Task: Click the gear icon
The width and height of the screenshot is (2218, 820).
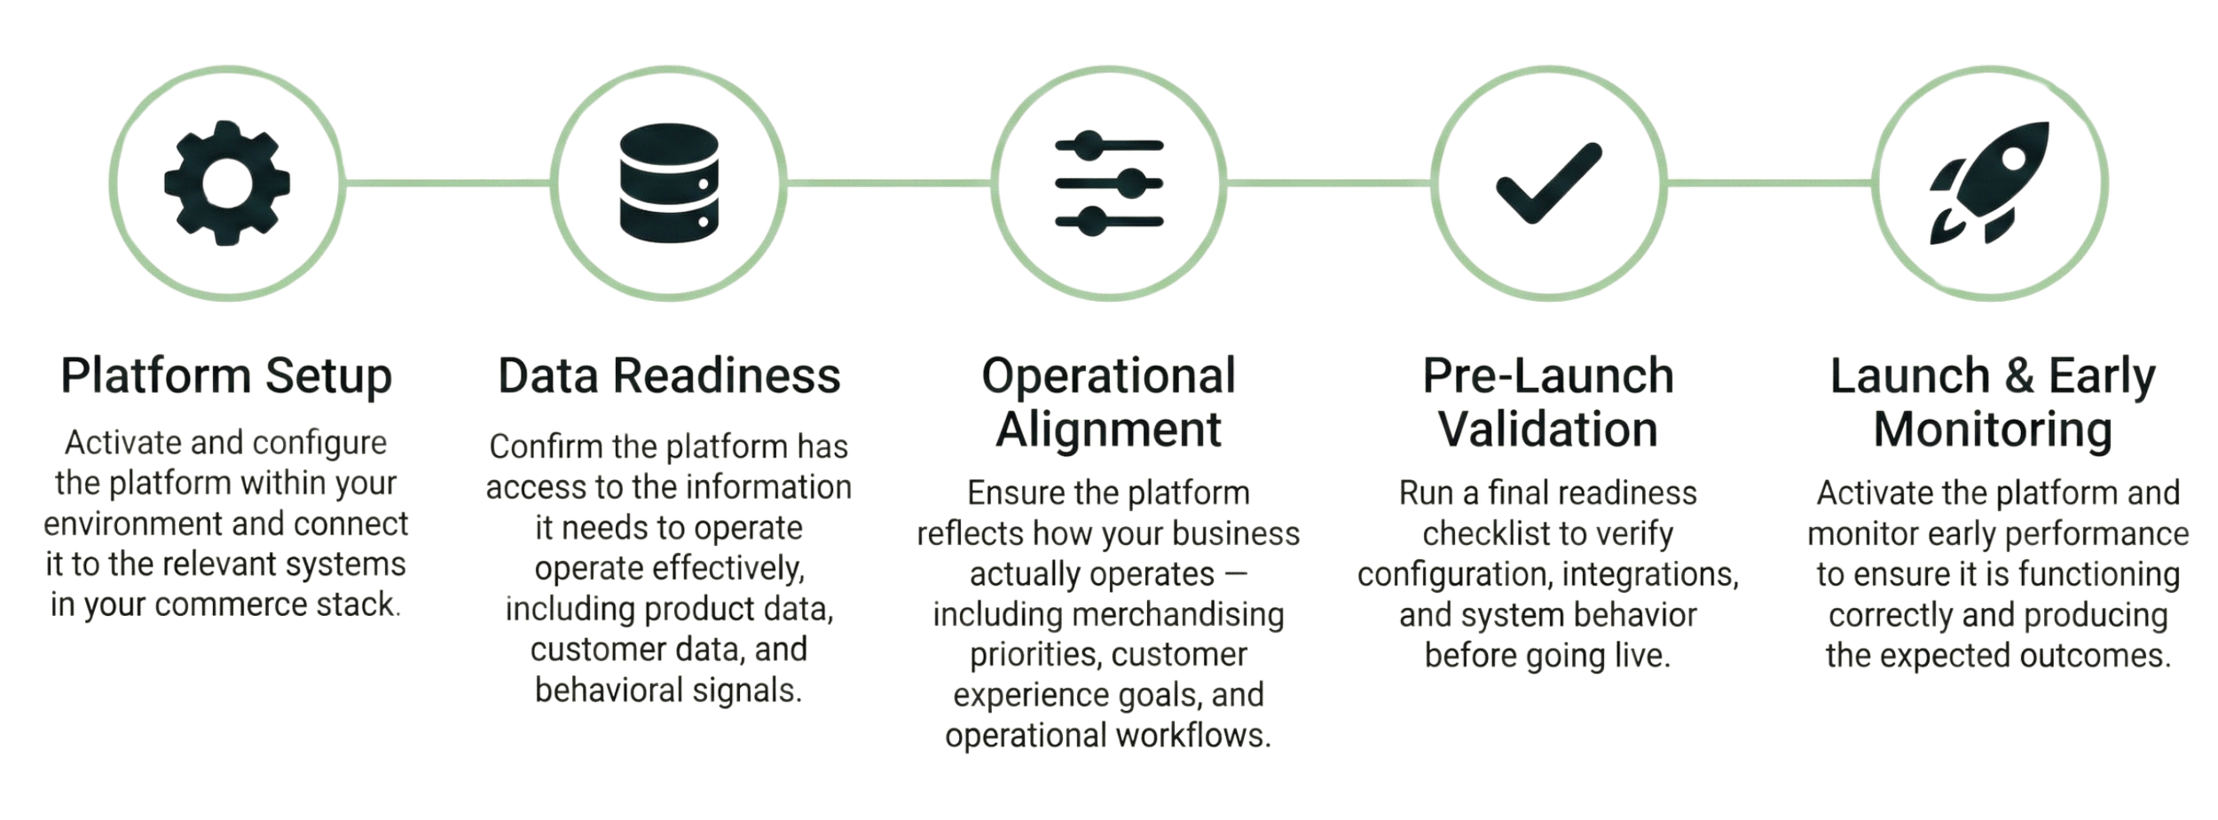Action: [227, 183]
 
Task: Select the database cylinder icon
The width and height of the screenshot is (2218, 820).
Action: [668, 183]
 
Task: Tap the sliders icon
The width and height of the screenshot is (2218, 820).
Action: [1109, 183]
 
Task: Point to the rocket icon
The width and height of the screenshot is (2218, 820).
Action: [1990, 183]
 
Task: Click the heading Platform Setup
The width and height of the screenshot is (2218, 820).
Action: [227, 375]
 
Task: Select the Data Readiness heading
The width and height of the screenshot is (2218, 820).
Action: [669, 375]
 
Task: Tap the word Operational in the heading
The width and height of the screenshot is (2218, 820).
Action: [1108, 375]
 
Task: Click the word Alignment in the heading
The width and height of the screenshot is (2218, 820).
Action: [1108, 431]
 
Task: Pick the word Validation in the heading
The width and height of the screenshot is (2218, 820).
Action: [1548, 431]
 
